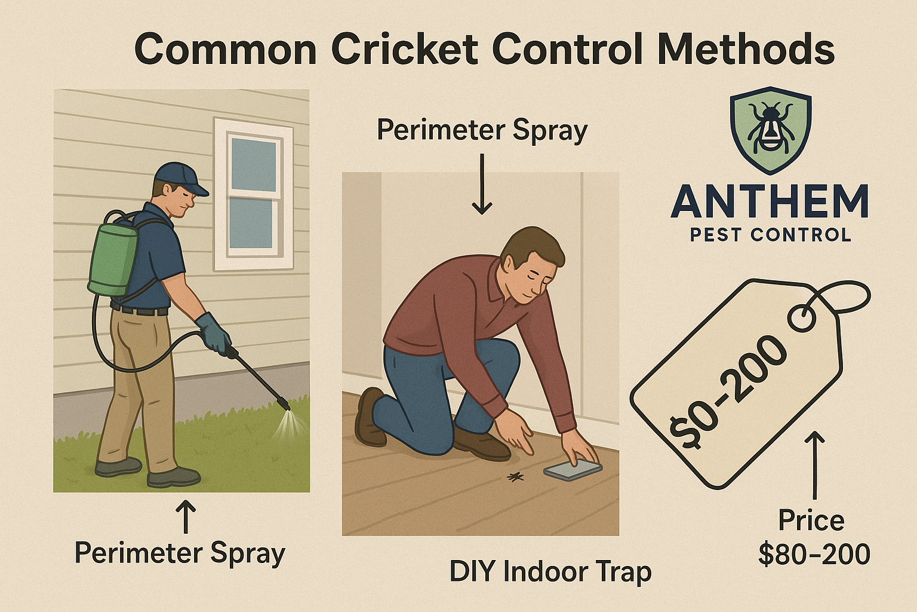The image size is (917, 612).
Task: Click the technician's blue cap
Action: click(x=178, y=178)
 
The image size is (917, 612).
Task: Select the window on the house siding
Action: click(x=253, y=194)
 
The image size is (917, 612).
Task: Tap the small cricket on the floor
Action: click(x=515, y=476)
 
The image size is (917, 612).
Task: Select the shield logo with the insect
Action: click(x=770, y=131)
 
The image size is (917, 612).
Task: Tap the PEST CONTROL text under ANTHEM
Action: click(x=770, y=235)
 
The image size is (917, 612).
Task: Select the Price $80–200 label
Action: click(x=813, y=537)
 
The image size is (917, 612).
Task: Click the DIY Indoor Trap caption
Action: click(x=550, y=572)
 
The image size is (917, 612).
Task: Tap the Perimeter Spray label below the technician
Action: click(x=180, y=553)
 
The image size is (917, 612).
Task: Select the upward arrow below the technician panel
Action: click(x=187, y=516)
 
